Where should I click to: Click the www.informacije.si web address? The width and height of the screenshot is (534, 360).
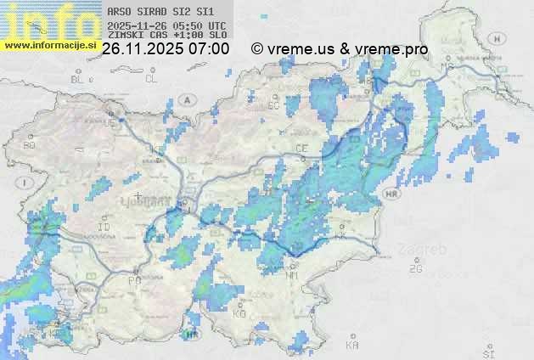coord(50,46)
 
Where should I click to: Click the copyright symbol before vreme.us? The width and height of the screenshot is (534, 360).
coord(256,49)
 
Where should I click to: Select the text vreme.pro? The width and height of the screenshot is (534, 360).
coord(394,49)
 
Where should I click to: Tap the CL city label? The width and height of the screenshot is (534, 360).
coord(152,79)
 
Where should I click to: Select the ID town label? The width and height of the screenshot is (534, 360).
coord(104,228)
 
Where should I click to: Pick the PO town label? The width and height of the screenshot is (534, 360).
coord(134,280)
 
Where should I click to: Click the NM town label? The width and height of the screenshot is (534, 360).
coord(293,275)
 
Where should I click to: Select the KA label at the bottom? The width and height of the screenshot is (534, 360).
coord(352,346)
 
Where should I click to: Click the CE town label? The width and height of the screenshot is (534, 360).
coord(301,148)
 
